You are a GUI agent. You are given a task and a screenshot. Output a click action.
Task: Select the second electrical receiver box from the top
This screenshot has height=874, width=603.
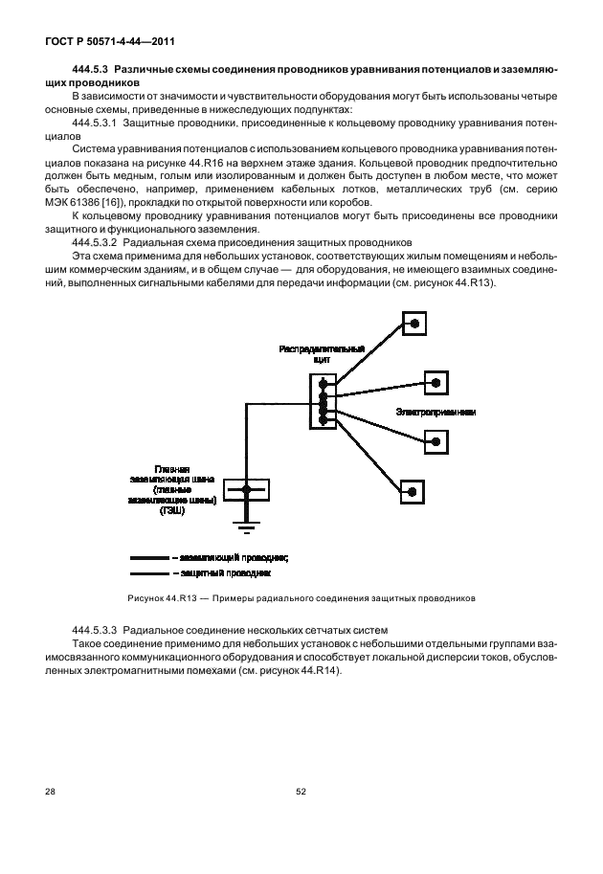(x=435, y=383)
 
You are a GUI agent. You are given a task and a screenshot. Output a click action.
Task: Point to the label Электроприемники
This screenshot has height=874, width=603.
(x=435, y=412)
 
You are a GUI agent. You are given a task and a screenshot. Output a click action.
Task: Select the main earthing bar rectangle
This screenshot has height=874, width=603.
(x=246, y=490)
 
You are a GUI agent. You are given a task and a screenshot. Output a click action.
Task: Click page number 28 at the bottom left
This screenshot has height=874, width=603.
(x=50, y=792)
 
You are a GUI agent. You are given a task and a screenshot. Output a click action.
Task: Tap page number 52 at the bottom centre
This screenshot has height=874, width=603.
(x=301, y=792)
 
